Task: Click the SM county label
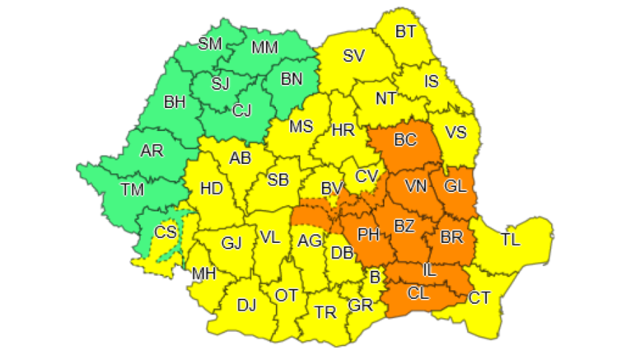click(x=210, y=44)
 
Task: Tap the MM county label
click(x=265, y=48)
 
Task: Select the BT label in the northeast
click(x=405, y=32)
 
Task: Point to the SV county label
click(x=353, y=56)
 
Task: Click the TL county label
click(x=511, y=241)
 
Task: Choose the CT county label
click(x=479, y=297)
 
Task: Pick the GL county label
click(x=455, y=186)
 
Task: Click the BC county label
click(x=405, y=140)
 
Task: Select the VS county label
click(x=455, y=133)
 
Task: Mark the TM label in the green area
click(x=132, y=189)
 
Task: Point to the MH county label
click(x=203, y=274)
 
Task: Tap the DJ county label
click(x=246, y=306)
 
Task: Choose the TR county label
click(x=326, y=312)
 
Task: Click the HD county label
click(x=212, y=188)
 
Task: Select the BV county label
click(x=331, y=189)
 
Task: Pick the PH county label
click(x=368, y=235)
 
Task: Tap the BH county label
click(x=175, y=103)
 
